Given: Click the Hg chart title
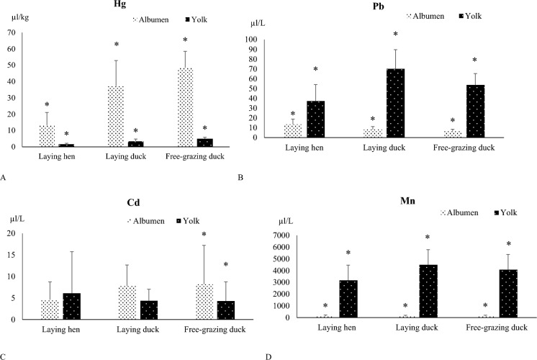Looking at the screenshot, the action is (120, 4).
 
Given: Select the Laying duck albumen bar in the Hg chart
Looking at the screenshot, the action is (116, 117).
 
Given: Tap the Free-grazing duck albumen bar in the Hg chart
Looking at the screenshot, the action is (185, 107).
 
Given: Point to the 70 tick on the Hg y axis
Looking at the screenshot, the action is (12, 32).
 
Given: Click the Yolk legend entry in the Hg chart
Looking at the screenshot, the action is (197, 19).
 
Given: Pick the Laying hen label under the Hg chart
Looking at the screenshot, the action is (57, 156).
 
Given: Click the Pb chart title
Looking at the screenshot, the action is (379, 6).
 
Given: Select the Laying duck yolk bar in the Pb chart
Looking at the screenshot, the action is (396, 103).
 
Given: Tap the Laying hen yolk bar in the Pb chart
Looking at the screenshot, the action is (316, 120).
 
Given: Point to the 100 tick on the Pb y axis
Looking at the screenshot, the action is (251, 40).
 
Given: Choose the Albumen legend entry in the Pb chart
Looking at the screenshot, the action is (425, 16).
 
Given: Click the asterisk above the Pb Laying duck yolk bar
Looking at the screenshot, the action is (396, 35).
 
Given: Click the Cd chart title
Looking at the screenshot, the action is (133, 202).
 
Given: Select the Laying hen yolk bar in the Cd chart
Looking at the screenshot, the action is (72, 306).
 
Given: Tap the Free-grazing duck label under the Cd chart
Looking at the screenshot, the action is (215, 330).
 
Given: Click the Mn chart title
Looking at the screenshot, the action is (407, 200).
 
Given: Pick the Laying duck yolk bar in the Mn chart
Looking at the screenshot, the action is (428, 291).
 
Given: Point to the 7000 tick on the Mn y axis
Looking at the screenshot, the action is (281, 235).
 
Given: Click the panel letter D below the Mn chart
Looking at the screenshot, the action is (268, 357).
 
